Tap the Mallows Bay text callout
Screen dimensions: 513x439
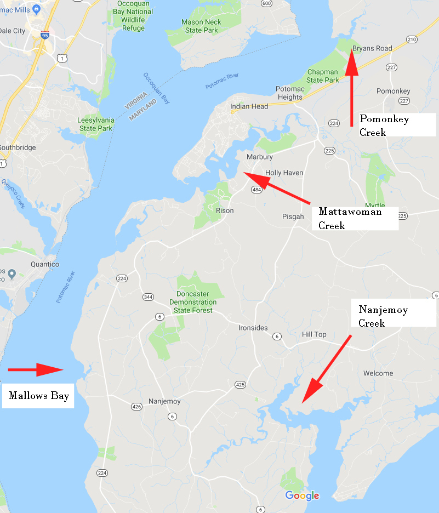pyautogui.click(x=38, y=395)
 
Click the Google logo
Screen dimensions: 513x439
pyautogui.click(x=302, y=496)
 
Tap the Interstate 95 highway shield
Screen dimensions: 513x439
pyautogui.click(x=45, y=35)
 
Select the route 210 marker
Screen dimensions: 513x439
pyautogui.click(x=412, y=39)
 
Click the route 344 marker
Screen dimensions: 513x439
pyautogui.click(x=148, y=297)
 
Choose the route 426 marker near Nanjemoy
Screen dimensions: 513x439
pyautogui.click(x=136, y=406)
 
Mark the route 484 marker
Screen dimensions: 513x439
pyautogui.click(x=256, y=189)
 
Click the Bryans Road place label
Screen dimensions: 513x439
pyautogui.click(x=372, y=48)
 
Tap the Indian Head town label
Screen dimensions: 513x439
pyautogui.click(x=249, y=106)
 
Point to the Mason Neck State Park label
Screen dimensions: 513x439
pyautogui.click(x=201, y=27)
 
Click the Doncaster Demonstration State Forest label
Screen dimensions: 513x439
pyautogui.click(x=192, y=302)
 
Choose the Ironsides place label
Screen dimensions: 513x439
pyautogui.click(x=253, y=328)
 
